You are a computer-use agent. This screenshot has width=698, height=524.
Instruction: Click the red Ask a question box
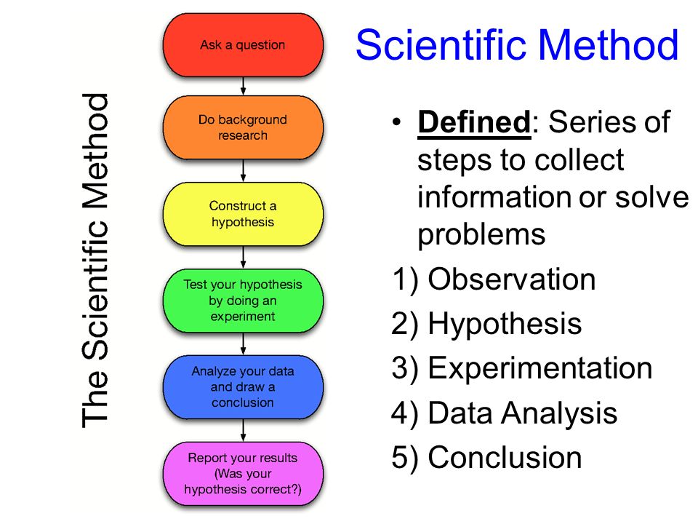[x=243, y=45]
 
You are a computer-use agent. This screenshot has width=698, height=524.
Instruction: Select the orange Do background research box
[x=243, y=127]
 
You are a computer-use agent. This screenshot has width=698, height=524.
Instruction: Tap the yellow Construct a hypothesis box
[x=243, y=214]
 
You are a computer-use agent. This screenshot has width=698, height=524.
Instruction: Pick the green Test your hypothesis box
[x=243, y=300]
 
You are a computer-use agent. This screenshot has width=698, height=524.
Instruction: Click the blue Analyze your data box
[x=243, y=386]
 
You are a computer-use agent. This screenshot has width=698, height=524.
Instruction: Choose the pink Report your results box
[x=243, y=474]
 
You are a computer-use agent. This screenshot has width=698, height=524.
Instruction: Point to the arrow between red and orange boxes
[x=243, y=86]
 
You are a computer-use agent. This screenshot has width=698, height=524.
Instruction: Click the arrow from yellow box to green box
[x=243, y=258]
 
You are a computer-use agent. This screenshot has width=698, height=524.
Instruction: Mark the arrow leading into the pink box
[x=243, y=430]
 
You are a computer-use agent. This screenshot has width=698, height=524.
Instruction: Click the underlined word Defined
[x=473, y=123]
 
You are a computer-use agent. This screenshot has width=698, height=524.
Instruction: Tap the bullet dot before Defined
[x=396, y=122]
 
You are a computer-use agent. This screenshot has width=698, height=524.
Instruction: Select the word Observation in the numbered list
[x=512, y=279]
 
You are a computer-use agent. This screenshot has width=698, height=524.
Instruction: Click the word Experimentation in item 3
[x=540, y=368]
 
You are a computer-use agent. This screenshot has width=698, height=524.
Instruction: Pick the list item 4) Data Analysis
[x=504, y=413]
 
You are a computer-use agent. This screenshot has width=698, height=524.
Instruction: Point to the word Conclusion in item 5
[x=505, y=458]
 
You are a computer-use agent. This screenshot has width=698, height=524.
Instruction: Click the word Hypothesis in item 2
[x=505, y=324]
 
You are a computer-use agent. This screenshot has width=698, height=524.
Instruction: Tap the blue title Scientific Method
[x=517, y=45]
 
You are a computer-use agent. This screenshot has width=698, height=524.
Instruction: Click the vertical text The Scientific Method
[x=95, y=260]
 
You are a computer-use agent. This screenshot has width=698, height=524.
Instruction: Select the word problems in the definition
[x=481, y=234]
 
